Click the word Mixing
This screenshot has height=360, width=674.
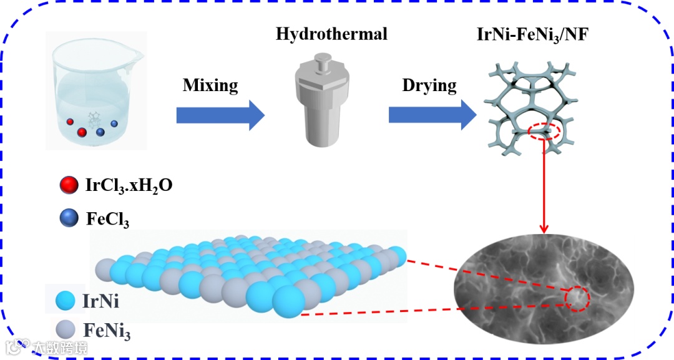click(x=210, y=85)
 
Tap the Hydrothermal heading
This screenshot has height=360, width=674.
click(x=331, y=34)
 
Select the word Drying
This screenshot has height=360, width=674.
click(x=429, y=85)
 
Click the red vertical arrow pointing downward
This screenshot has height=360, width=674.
click(x=544, y=187)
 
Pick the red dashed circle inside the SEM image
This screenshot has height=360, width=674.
click(x=577, y=299)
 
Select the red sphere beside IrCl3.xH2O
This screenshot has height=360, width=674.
click(x=68, y=185)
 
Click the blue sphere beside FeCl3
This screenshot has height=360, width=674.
click(x=68, y=218)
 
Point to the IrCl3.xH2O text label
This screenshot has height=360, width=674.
click(x=127, y=185)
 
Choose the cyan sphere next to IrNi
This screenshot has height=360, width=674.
click(x=65, y=301)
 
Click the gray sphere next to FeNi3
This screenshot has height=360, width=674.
click(x=65, y=329)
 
